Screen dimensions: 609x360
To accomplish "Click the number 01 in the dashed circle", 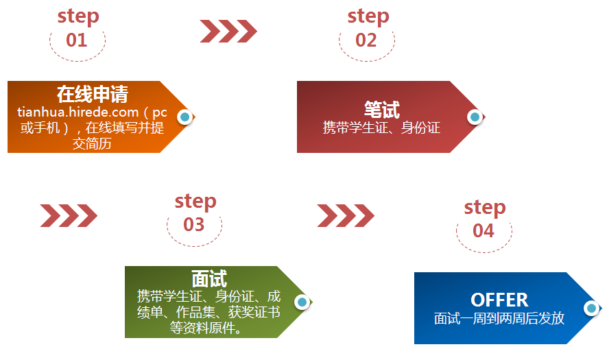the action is tap(77, 40).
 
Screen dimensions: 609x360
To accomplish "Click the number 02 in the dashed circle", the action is tap(366, 40).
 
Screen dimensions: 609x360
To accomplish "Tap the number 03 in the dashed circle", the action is tap(194, 225).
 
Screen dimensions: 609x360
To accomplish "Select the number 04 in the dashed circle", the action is tap(483, 231).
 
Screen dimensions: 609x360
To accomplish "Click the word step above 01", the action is tap(78, 16).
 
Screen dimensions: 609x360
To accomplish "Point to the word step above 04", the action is tap(485, 208).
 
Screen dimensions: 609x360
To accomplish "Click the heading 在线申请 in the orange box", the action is tap(93, 95).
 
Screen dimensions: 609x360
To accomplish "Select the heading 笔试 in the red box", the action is tap(382, 110).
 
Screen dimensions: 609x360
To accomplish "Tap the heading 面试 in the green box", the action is tap(209, 278).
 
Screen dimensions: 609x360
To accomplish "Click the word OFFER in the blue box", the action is tap(499, 300).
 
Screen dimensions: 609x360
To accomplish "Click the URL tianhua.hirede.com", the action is tap(77, 112).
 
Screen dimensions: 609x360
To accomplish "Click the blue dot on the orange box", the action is tap(185, 117).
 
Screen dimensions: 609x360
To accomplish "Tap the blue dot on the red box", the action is tap(475, 117).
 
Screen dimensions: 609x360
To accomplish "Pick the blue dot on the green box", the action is tap(302, 302).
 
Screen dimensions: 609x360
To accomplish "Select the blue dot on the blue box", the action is tap(592, 309).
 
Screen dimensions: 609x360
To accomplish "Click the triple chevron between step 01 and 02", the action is tap(228, 31).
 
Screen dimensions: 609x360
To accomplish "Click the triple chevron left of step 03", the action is tap(69, 215).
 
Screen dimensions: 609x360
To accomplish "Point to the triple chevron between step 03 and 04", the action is tap(346, 215).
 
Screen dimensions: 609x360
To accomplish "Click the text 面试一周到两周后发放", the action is tap(499, 318).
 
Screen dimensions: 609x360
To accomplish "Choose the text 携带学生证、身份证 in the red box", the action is tap(381, 128).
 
